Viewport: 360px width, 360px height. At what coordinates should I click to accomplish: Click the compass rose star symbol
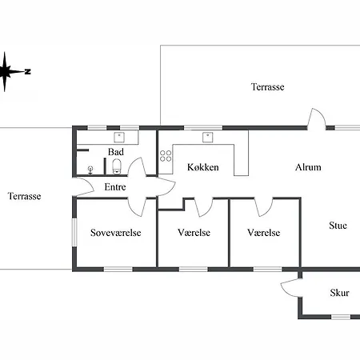click(x=5, y=72)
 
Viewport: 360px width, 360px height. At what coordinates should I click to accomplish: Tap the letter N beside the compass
click(x=28, y=71)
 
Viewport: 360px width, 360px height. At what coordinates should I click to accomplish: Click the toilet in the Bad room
click(x=117, y=166)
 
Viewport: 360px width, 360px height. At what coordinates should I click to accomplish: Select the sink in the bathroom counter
click(x=119, y=138)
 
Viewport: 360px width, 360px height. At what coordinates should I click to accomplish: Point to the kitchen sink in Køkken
click(x=208, y=138)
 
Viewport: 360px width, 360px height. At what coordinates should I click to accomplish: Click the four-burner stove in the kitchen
click(x=166, y=156)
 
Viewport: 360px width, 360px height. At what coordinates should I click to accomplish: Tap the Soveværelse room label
click(x=116, y=233)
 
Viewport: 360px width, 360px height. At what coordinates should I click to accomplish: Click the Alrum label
click(x=308, y=167)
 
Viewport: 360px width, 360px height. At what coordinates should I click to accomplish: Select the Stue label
click(x=338, y=226)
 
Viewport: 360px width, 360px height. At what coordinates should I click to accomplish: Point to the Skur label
click(x=339, y=293)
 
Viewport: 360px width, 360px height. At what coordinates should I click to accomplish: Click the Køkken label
click(x=203, y=167)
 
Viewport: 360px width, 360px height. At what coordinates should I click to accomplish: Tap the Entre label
click(x=115, y=187)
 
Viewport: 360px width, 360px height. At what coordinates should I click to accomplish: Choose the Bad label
click(x=116, y=152)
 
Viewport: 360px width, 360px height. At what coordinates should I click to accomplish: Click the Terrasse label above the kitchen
click(x=267, y=87)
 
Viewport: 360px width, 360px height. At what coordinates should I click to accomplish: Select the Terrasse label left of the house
click(x=24, y=196)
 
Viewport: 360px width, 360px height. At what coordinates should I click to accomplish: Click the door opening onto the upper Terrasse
click(x=317, y=119)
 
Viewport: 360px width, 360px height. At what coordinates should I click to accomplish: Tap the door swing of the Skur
click(x=291, y=288)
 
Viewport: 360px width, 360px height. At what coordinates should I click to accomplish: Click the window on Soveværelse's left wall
click(x=74, y=232)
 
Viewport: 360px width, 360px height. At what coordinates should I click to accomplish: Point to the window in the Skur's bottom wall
click(x=341, y=317)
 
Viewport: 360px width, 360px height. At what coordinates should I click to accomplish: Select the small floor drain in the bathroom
click(x=90, y=170)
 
